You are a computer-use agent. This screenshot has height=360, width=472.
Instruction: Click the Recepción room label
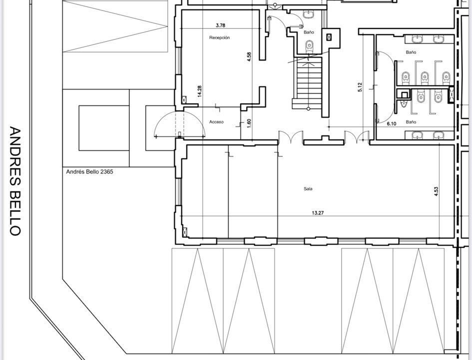click(x=219, y=37)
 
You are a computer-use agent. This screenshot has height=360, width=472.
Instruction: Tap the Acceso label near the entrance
click(x=216, y=122)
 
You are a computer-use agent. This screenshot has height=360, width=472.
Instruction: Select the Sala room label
click(x=308, y=189)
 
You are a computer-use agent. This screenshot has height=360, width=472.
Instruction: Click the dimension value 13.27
click(x=318, y=212)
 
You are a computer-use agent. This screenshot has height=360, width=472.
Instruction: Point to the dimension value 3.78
click(x=221, y=25)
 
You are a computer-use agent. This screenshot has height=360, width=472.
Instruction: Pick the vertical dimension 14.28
click(x=200, y=91)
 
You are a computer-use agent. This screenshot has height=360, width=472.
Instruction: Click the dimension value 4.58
click(x=249, y=57)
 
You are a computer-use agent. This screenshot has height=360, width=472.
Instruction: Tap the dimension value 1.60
click(x=249, y=123)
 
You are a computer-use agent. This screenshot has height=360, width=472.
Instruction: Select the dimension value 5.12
click(x=360, y=87)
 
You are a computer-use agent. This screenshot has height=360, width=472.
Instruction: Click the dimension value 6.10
click(x=391, y=123)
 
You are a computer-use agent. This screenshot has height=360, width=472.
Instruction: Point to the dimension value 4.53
click(x=436, y=191)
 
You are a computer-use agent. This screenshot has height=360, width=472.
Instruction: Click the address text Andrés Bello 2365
click(x=90, y=172)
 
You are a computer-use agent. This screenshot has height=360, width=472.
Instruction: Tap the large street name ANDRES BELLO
click(x=15, y=181)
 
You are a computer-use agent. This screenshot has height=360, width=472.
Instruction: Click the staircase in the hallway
click(x=308, y=83)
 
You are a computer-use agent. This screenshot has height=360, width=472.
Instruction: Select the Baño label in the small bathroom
click(x=309, y=32)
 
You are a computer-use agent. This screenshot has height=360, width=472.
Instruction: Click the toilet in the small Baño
click(x=310, y=46)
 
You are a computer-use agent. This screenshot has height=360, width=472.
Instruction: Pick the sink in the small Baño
click(x=309, y=14)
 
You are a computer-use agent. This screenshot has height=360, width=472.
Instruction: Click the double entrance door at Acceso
click(x=180, y=124)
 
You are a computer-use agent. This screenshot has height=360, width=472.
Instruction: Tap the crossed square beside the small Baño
click(x=329, y=37)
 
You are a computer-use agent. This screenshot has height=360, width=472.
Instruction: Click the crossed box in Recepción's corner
click(x=184, y=99)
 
